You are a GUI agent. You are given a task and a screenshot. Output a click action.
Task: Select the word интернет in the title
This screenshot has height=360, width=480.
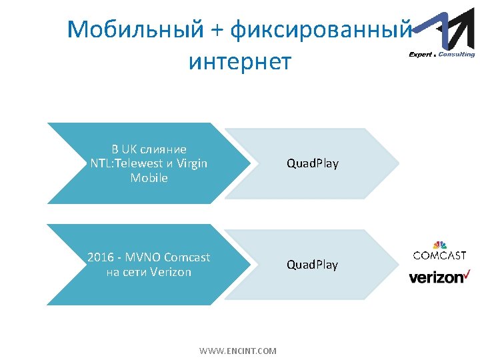point(240,61)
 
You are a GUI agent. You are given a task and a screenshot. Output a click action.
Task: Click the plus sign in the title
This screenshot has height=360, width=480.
point(217,30)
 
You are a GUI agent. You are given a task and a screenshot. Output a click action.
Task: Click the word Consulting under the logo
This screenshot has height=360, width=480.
point(457,55)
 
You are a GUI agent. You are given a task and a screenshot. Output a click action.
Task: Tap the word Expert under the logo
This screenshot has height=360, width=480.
point(421,55)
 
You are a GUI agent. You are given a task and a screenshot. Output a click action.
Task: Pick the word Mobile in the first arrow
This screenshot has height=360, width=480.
point(149,178)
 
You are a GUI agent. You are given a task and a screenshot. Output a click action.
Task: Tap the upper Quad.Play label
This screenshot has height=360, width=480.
point(312,163)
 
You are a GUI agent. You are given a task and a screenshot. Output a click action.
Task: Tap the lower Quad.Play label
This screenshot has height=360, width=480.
point(312,265)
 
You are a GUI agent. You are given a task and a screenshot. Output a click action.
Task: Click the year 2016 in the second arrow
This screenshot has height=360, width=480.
point(101,257)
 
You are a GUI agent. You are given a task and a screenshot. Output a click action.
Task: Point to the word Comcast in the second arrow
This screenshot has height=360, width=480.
point(187,257)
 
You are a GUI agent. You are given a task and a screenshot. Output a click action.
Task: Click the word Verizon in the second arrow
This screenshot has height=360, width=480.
point(171,272)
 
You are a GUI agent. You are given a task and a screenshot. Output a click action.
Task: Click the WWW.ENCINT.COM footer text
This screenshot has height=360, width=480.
point(238,350)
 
